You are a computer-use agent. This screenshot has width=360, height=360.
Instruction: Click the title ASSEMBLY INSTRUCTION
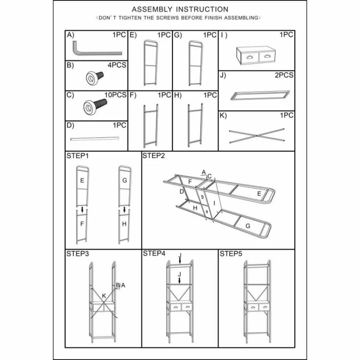click(x=180, y=9)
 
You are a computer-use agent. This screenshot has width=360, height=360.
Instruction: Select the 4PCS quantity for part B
click(x=117, y=65)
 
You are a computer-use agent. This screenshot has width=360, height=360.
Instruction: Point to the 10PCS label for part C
click(x=115, y=95)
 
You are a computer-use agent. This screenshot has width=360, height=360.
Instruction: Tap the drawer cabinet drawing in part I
click(x=256, y=56)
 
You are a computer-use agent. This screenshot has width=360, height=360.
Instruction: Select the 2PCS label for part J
click(x=284, y=75)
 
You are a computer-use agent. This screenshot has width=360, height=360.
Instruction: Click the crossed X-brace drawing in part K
click(x=257, y=135)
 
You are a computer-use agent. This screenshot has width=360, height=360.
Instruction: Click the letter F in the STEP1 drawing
click(x=82, y=224)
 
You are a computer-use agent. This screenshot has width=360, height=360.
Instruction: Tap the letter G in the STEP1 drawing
click(x=124, y=181)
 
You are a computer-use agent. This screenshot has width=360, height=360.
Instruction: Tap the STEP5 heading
click(x=231, y=254)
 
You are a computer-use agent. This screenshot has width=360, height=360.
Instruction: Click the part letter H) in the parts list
click(x=177, y=95)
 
